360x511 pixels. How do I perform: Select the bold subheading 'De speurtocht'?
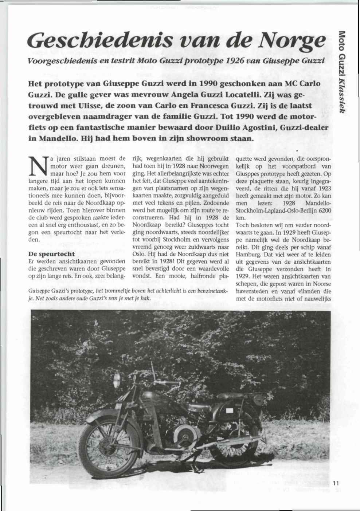pos(51,253)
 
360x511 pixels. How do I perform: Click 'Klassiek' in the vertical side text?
pos(341,97)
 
